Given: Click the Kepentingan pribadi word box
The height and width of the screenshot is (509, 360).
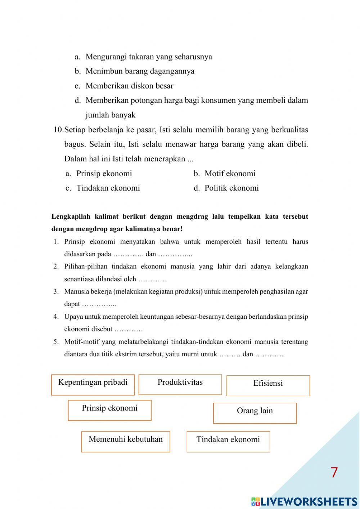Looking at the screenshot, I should click(x=93, y=385).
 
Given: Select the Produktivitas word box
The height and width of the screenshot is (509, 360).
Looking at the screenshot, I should click(x=180, y=384).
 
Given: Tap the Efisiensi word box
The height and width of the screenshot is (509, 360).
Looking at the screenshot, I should click(x=268, y=385).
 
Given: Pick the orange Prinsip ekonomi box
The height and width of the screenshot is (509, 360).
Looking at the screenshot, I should click(x=109, y=410).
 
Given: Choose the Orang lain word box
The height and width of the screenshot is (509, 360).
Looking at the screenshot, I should click(x=255, y=413).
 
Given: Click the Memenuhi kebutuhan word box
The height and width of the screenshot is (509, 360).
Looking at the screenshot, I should click(x=126, y=441).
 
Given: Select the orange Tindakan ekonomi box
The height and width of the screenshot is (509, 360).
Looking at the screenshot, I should click(x=228, y=442).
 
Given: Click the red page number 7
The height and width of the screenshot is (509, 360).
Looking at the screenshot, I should click(x=334, y=472).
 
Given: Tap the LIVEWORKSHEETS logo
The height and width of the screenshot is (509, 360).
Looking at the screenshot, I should click(x=304, y=502).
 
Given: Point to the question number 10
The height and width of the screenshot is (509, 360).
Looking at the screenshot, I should click(x=58, y=130).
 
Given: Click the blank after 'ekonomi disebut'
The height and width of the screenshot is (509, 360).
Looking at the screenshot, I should click(x=129, y=329).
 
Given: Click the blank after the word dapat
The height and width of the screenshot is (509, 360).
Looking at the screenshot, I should click(x=99, y=304).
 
